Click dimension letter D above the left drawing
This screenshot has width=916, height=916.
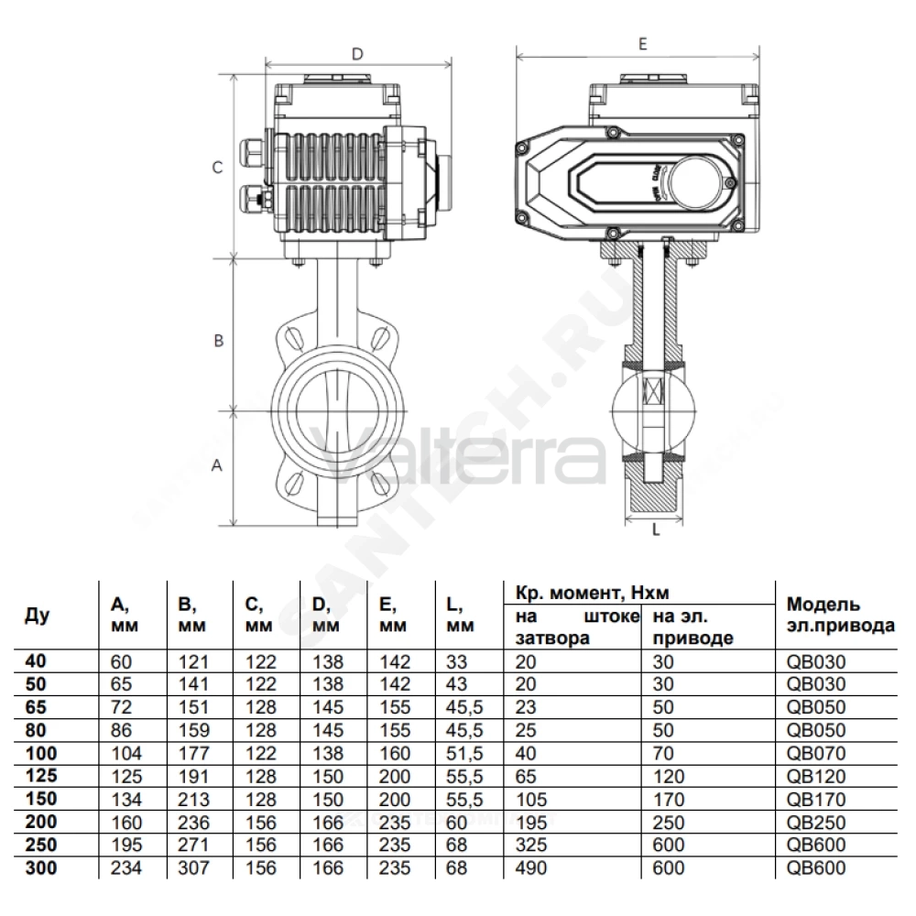point(357,54)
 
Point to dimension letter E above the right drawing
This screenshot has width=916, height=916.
point(643,44)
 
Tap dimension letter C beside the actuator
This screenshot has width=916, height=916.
point(217,168)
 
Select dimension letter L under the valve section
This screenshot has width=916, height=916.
point(656,529)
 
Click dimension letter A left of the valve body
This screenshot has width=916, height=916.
point(217,465)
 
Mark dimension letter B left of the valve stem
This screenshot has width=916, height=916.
point(219,341)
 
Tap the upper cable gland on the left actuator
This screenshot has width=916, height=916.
point(252,154)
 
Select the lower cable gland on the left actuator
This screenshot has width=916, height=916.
point(254,200)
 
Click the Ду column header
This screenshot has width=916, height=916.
point(37,616)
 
